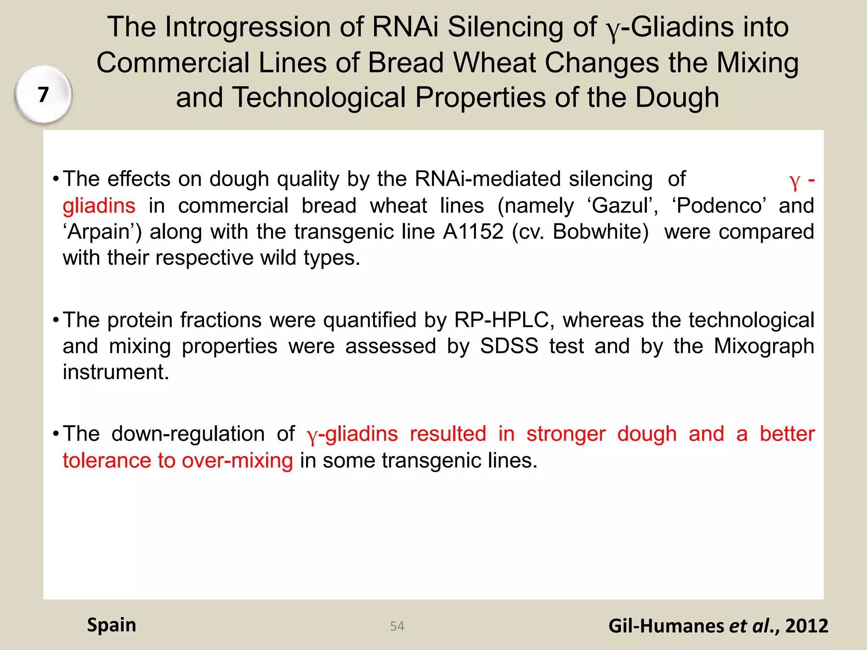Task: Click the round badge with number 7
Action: click(43, 94)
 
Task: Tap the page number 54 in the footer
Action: click(397, 626)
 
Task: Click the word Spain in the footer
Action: click(111, 625)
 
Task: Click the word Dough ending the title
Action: click(677, 98)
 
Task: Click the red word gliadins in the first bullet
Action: click(99, 206)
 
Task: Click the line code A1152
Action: click(473, 232)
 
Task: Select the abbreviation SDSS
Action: click(509, 346)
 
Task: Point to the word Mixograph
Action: click(764, 346)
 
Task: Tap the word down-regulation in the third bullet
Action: click(188, 434)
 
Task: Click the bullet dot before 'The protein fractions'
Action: click(55, 320)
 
